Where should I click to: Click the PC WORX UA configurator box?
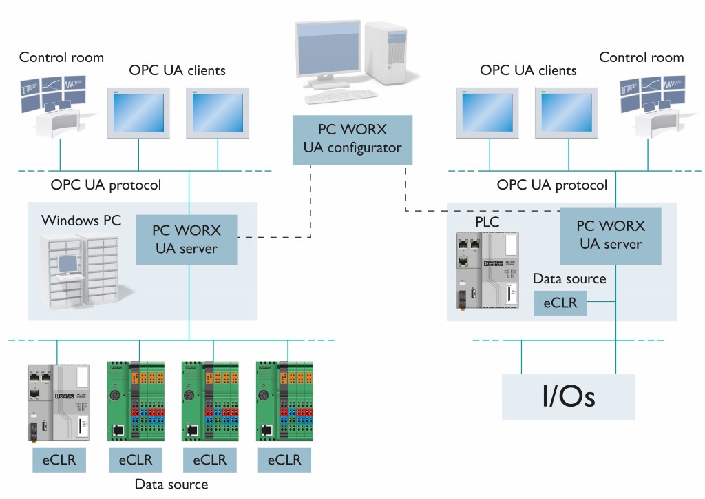point(352,139)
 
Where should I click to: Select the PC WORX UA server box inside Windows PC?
point(187,239)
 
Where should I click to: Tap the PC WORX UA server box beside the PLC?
point(610,234)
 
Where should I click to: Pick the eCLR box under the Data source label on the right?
point(560,303)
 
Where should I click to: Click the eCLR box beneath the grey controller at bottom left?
point(61,460)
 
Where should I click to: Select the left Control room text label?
point(61,57)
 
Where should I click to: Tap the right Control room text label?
point(642,57)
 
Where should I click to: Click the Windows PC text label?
point(81,221)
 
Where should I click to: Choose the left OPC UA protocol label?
point(106,185)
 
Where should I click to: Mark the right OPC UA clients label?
point(528,70)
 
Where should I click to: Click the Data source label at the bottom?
point(171,484)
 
